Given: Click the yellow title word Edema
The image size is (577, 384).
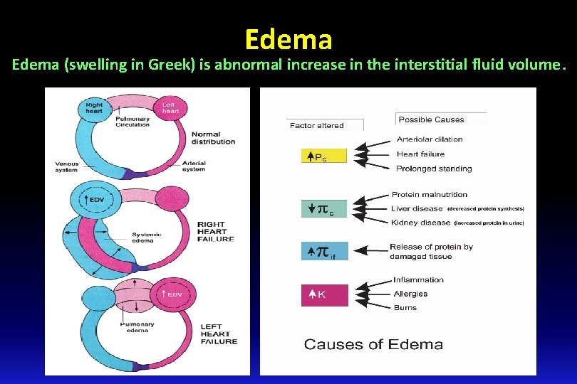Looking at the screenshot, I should coord(288,39).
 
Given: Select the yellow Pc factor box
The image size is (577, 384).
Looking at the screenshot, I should coord(324,156).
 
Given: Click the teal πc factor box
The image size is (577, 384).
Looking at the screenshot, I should coord(324,210).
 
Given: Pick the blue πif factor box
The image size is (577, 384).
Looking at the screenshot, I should coord(324,252).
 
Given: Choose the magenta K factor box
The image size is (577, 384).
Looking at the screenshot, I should coord(324,294).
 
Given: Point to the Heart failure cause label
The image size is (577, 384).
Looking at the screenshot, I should coord(420,154).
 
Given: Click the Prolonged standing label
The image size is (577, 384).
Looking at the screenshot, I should coord(434,169).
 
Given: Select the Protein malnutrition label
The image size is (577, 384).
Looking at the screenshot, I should coord(430,194).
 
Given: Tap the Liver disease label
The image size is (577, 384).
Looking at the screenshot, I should coord(417,209).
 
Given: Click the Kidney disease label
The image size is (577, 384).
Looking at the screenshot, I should coord(421,223).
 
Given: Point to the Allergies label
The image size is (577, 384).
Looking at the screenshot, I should coord(410,294).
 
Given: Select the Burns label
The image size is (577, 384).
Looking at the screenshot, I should coord(405,307).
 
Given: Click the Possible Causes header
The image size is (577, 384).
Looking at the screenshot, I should coord(431,119).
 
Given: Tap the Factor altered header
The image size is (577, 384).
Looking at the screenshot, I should coord(316,126).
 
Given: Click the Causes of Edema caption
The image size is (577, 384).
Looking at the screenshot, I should coord(373,345).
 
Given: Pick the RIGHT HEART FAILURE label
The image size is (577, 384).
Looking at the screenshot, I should coord(216,232).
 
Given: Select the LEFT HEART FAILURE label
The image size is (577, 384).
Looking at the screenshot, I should coord(219,334).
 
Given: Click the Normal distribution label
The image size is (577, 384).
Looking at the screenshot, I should coord(213,137).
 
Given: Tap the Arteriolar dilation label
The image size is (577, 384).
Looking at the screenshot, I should coord(430,139).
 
